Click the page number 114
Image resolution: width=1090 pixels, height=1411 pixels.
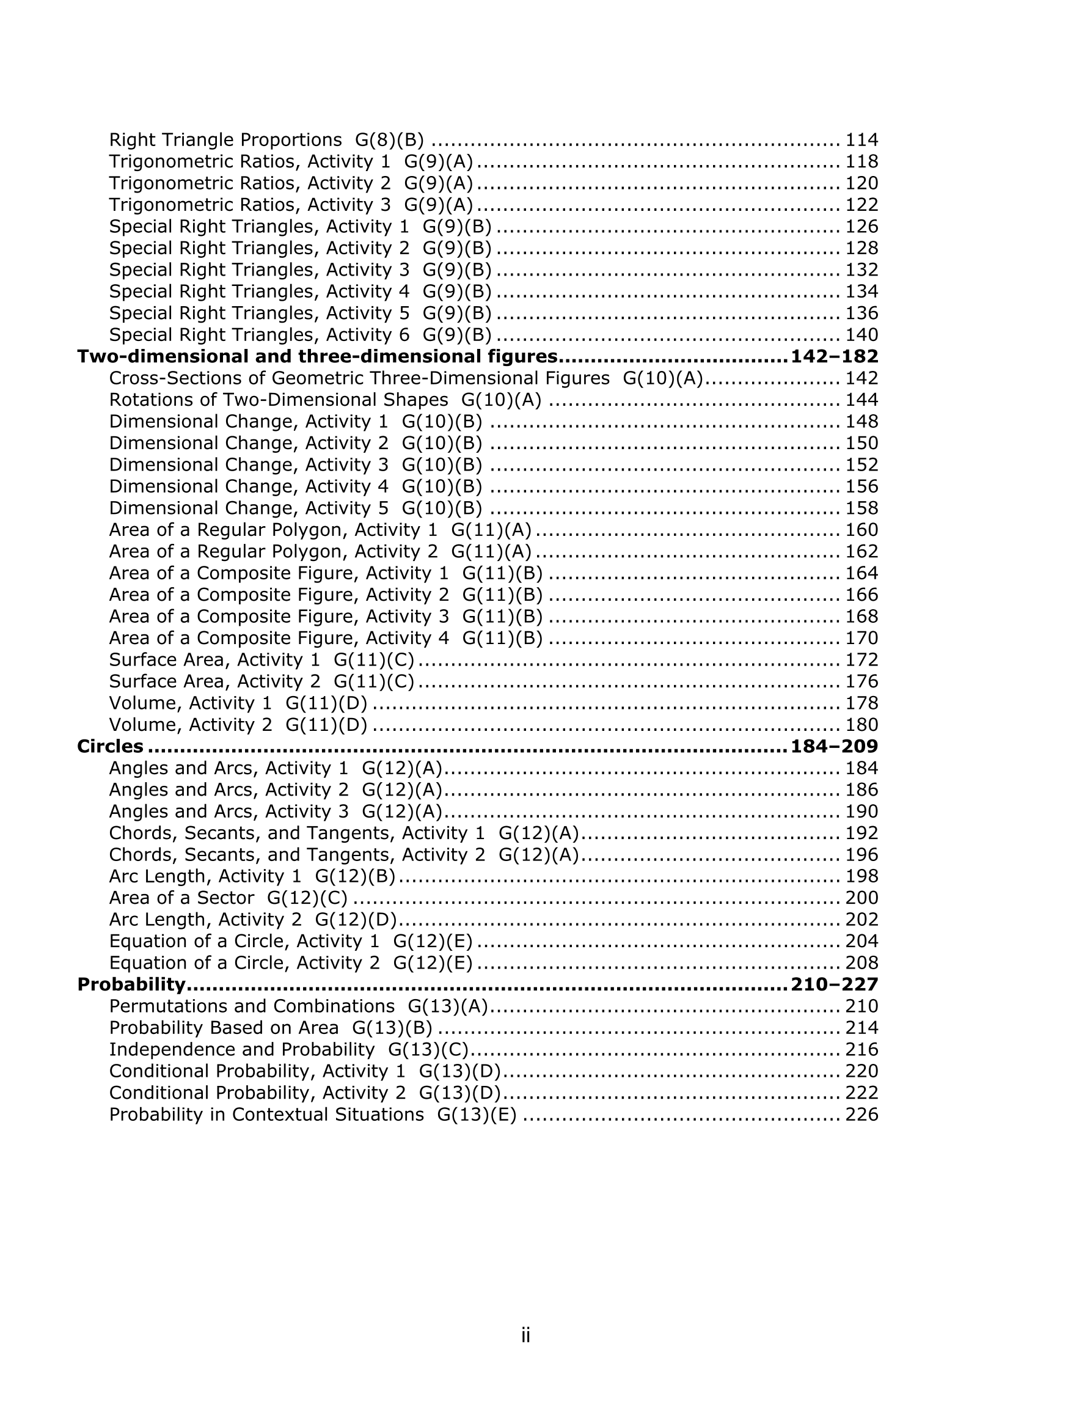[861, 140]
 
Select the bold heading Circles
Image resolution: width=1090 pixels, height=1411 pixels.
[110, 746]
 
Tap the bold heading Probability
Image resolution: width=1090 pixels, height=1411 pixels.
[131, 984]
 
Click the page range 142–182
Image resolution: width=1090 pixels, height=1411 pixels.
[834, 357]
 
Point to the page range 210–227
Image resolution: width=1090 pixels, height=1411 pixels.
[834, 984]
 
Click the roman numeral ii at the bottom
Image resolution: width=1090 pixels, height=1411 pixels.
[525, 1335]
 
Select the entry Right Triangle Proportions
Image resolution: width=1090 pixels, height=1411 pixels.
[225, 140]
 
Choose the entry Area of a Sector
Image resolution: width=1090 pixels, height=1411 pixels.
[181, 898]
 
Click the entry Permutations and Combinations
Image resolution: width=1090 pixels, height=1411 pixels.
[251, 1006]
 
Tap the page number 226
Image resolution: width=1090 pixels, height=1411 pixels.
[861, 1115]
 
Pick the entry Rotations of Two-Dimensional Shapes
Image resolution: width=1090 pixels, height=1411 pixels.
[279, 400]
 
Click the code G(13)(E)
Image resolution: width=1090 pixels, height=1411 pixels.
[477, 1115]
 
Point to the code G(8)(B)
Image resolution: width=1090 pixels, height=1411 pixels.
[390, 140]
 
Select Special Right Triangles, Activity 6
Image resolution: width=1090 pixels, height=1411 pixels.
[259, 335]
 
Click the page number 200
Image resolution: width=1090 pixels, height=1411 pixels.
[861, 898]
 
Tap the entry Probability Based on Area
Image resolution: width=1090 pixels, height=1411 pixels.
[224, 1028]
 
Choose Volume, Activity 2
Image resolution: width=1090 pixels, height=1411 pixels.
[191, 725]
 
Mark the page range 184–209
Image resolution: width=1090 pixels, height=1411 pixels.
[834, 746]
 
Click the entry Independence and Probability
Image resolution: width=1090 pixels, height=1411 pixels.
[242, 1049]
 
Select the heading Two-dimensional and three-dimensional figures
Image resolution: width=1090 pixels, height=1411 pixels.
[317, 357]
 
